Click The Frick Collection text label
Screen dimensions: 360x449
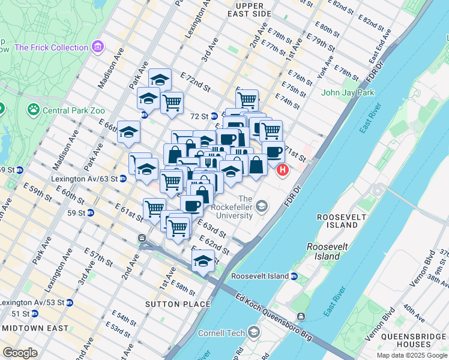tap(51, 47)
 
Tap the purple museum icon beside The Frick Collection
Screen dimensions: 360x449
tap(98, 47)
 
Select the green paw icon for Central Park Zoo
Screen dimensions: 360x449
tap(32, 110)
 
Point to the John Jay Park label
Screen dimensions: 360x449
tap(347, 92)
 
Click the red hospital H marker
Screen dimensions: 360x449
tap(282, 170)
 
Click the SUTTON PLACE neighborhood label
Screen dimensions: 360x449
tap(178, 304)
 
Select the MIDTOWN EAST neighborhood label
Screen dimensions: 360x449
tap(30, 328)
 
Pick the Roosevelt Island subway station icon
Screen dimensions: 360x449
tap(294, 276)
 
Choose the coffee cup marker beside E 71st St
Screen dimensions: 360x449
tap(274, 151)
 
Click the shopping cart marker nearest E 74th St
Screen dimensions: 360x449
tap(247, 99)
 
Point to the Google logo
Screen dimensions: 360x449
tap(20, 353)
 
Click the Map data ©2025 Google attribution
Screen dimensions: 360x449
tap(411, 355)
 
